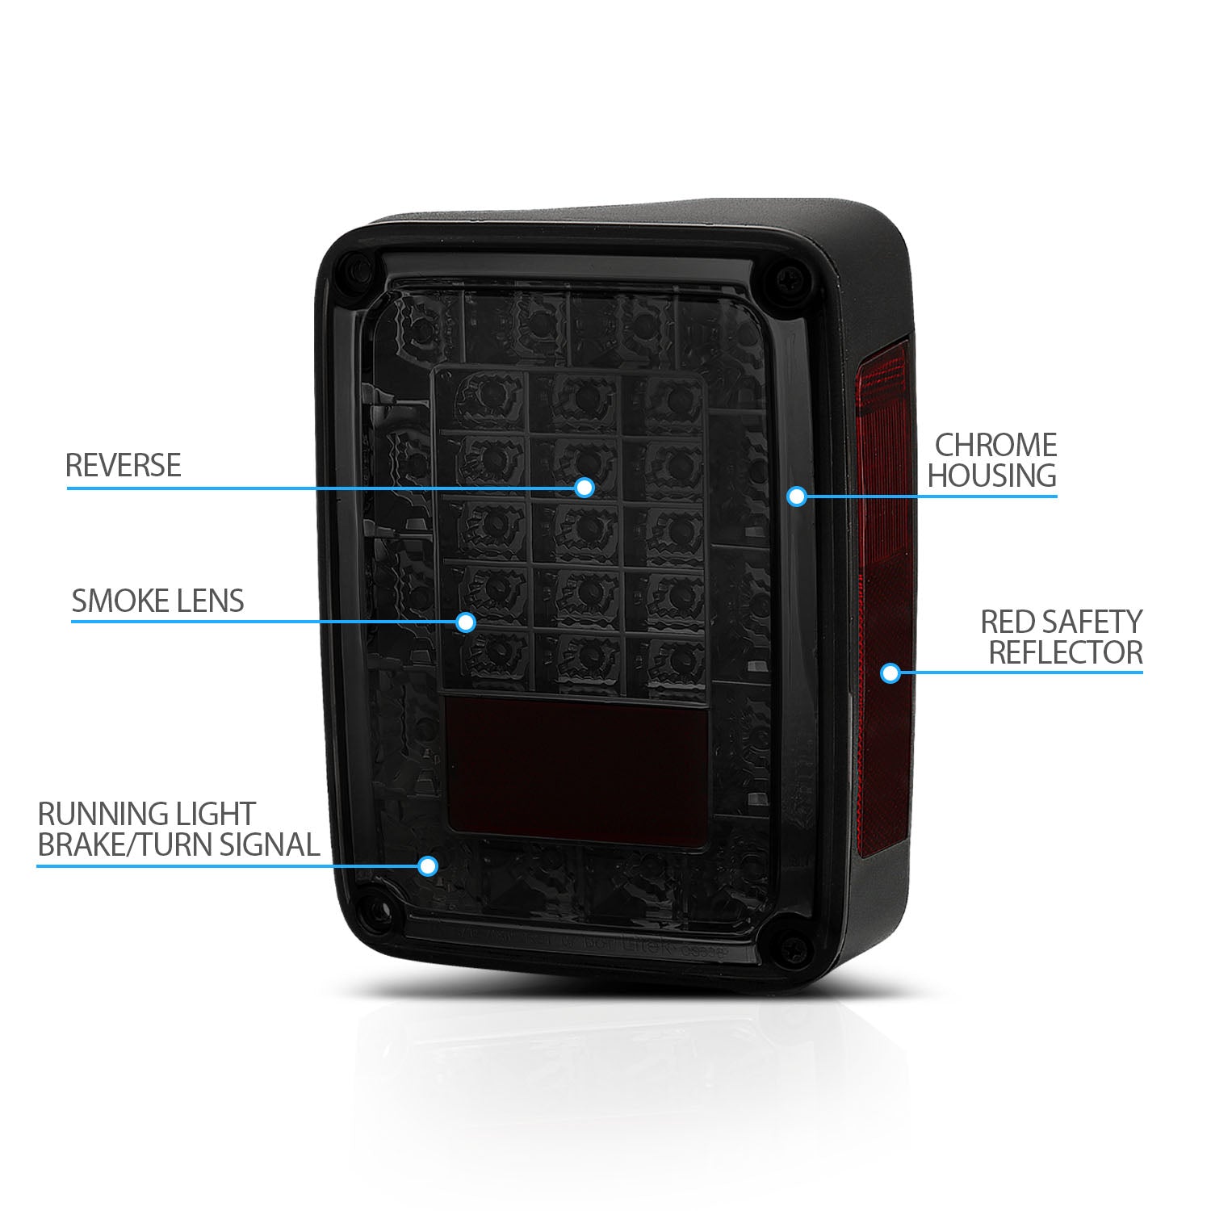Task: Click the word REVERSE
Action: click(123, 466)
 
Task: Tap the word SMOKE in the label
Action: click(114, 601)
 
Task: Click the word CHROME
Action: click(995, 445)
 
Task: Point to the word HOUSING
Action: click(991, 476)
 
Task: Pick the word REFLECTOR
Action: click(1066, 652)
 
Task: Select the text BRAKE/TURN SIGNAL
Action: click(178, 844)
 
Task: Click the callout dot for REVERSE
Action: click(585, 488)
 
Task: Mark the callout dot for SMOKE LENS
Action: click(465, 622)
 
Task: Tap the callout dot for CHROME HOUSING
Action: click(797, 496)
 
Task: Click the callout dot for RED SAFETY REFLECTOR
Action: click(890, 673)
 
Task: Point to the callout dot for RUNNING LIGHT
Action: click(428, 866)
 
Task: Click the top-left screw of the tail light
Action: click(352, 269)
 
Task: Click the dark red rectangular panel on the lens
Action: click(576, 771)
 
